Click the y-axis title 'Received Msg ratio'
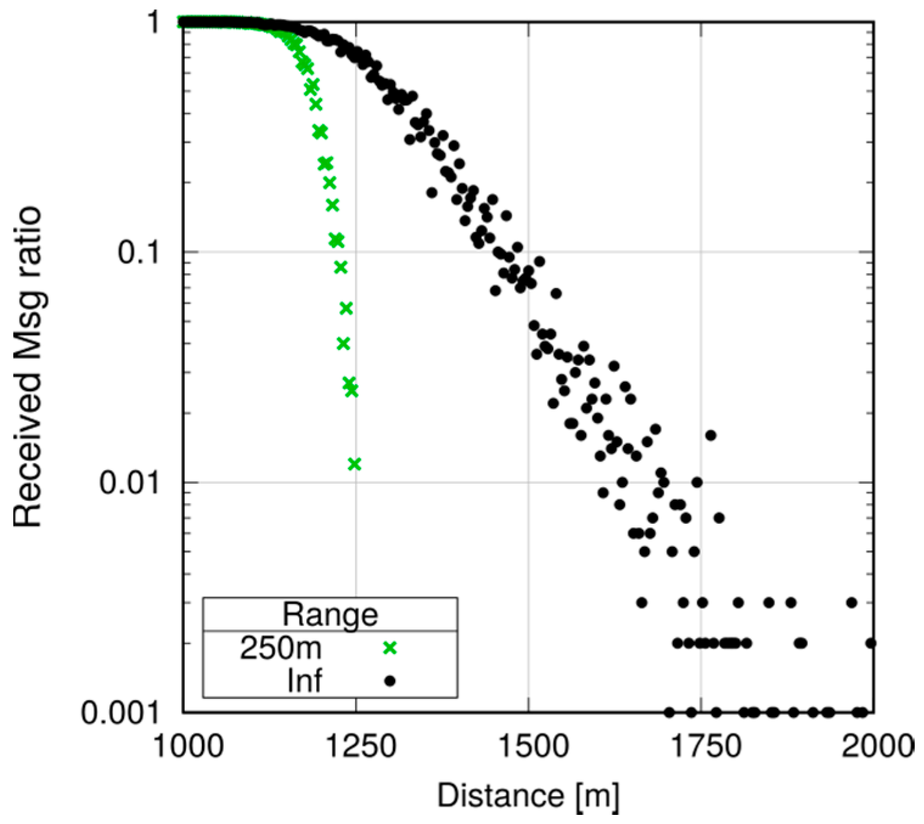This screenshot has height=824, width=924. [x=27, y=367]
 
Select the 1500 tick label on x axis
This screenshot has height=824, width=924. [x=528, y=746]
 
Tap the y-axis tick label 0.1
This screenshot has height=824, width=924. [x=139, y=253]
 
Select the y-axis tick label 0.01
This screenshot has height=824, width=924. [x=129, y=482]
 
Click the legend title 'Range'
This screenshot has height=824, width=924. [x=329, y=614]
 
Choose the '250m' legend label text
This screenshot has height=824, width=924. [x=280, y=648]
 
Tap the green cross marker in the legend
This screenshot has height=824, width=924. [x=389, y=648]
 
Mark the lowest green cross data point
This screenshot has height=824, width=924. [x=354, y=464]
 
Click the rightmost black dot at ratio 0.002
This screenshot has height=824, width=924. [x=871, y=642]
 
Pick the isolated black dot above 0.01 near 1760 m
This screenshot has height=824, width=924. [x=710, y=435]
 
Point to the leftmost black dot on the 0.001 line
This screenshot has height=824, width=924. [x=669, y=712]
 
